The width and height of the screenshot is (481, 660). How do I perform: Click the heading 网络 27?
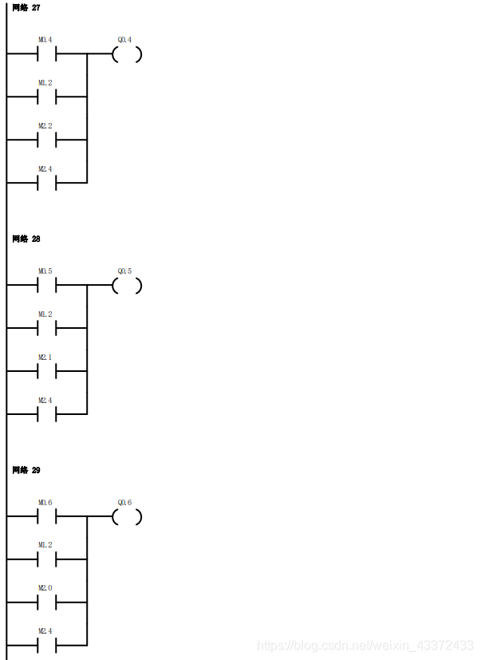click(x=26, y=7)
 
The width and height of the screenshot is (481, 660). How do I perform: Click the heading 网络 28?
click(x=26, y=239)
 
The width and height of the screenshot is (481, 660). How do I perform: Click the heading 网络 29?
click(x=26, y=470)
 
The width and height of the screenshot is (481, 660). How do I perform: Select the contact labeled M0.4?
click(x=46, y=54)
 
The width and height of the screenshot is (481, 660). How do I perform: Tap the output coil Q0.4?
click(x=127, y=54)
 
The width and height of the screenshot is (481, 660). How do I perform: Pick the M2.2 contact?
click(x=46, y=140)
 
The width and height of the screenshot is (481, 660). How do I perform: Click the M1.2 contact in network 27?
click(x=46, y=97)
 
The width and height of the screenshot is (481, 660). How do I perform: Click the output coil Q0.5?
click(x=127, y=286)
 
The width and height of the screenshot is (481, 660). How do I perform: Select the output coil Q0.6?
click(x=127, y=517)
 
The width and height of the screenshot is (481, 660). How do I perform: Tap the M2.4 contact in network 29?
click(x=46, y=645)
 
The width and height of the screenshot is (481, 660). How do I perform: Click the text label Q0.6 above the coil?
click(x=124, y=503)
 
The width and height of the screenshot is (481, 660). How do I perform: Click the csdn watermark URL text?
click(x=367, y=645)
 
